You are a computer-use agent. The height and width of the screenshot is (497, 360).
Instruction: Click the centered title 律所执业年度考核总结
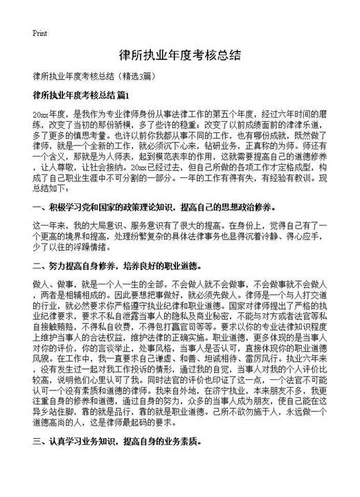coord(179,55)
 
